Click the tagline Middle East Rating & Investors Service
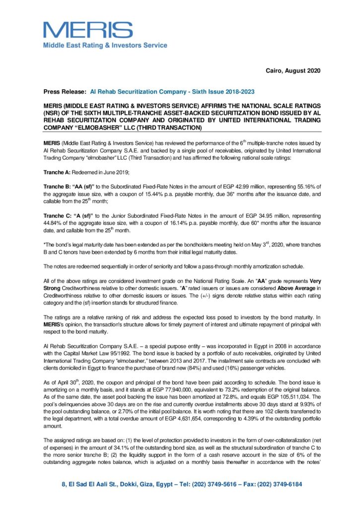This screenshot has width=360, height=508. [105, 45]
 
